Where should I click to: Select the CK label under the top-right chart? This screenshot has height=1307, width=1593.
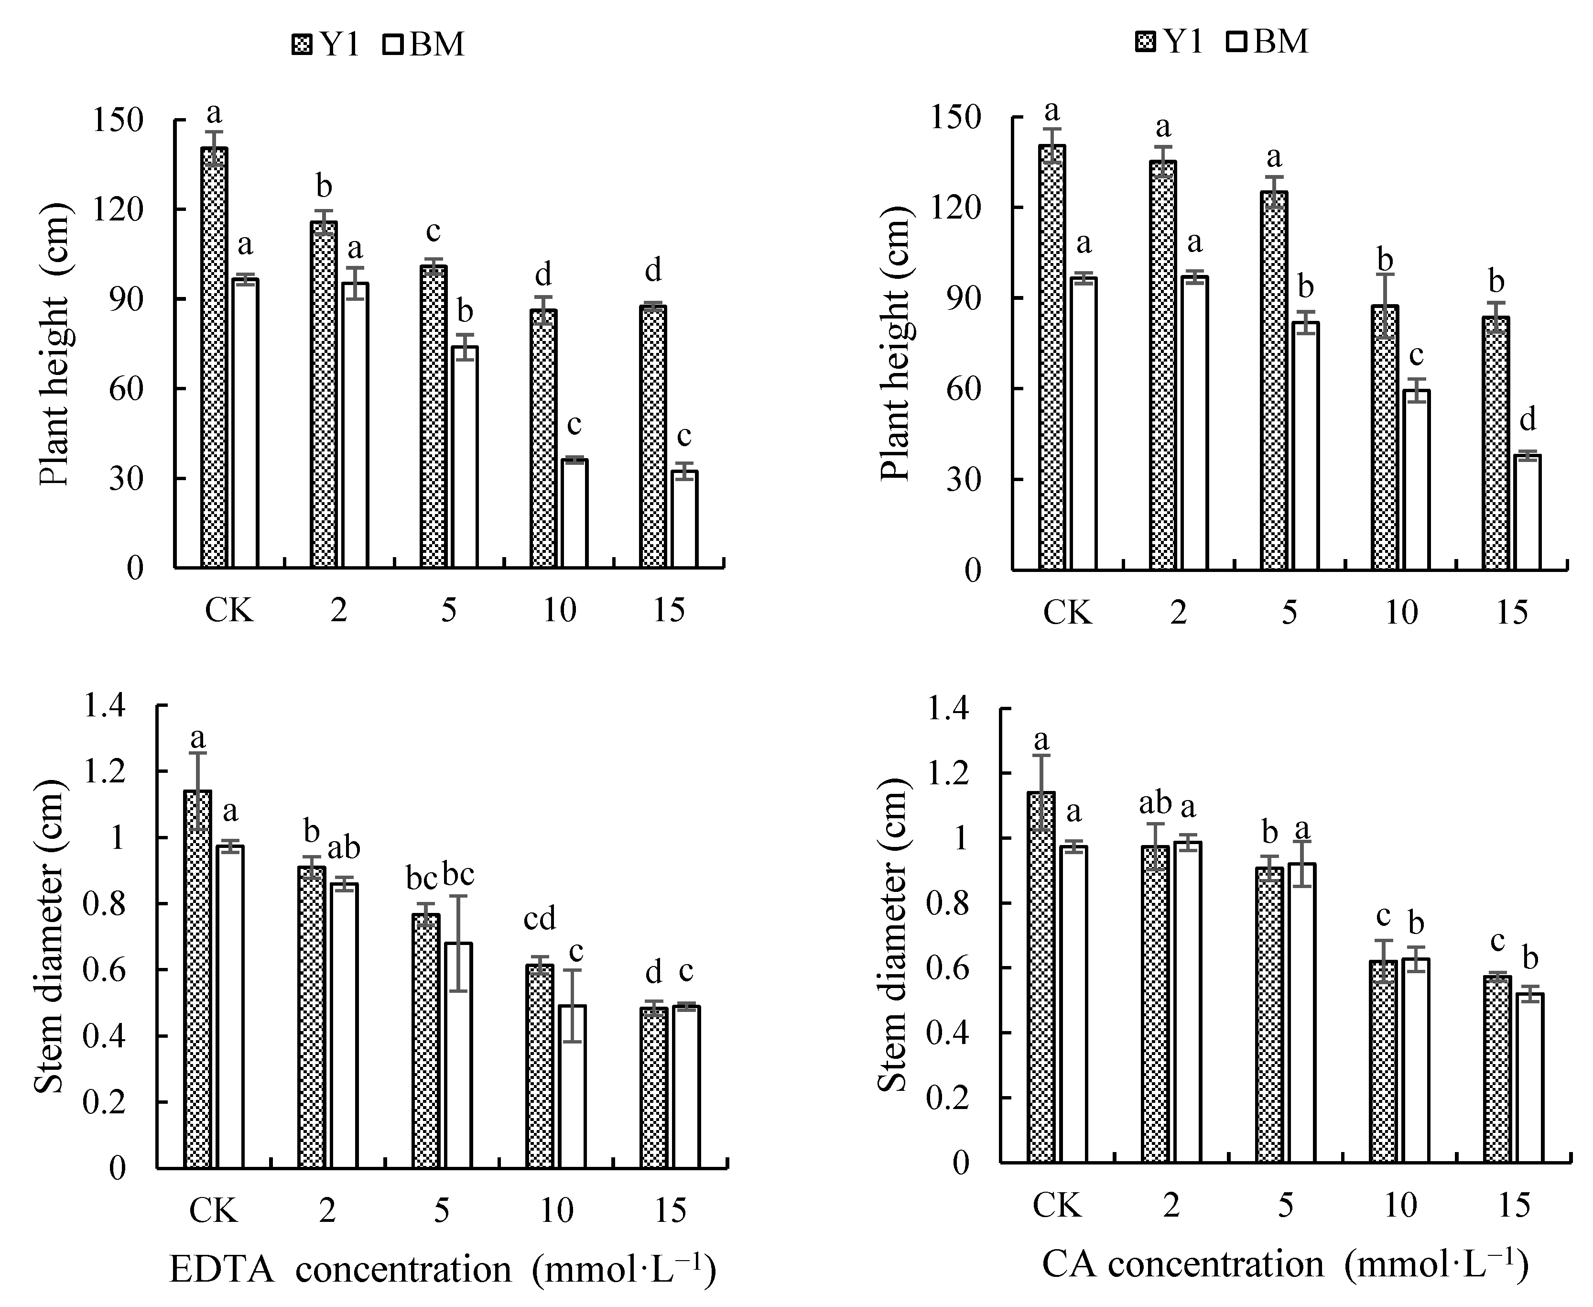pyautogui.click(x=1067, y=614)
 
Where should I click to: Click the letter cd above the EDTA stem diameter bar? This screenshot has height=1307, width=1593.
pyautogui.click(x=540, y=919)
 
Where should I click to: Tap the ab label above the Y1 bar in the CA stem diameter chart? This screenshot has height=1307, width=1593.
pyautogui.click(x=1156, y=803)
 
